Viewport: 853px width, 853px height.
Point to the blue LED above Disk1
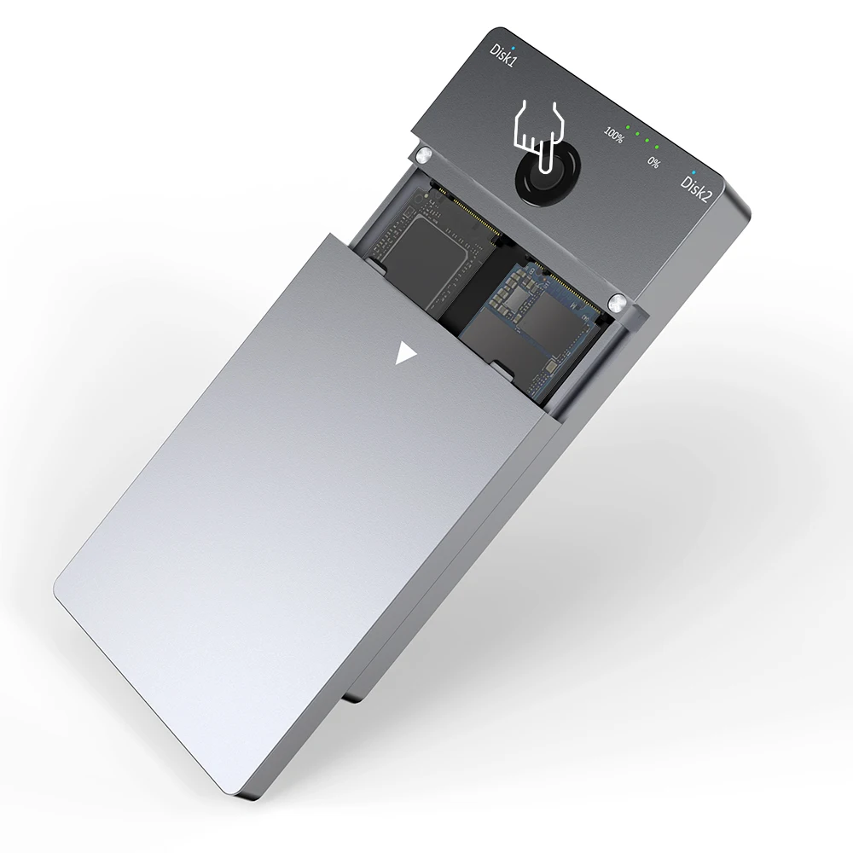(x=512, y=38)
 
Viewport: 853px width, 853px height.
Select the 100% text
(x=613, y=133)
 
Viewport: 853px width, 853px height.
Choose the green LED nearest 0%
(x=658, y=144)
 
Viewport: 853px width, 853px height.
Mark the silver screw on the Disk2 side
(x=618, y=301)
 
